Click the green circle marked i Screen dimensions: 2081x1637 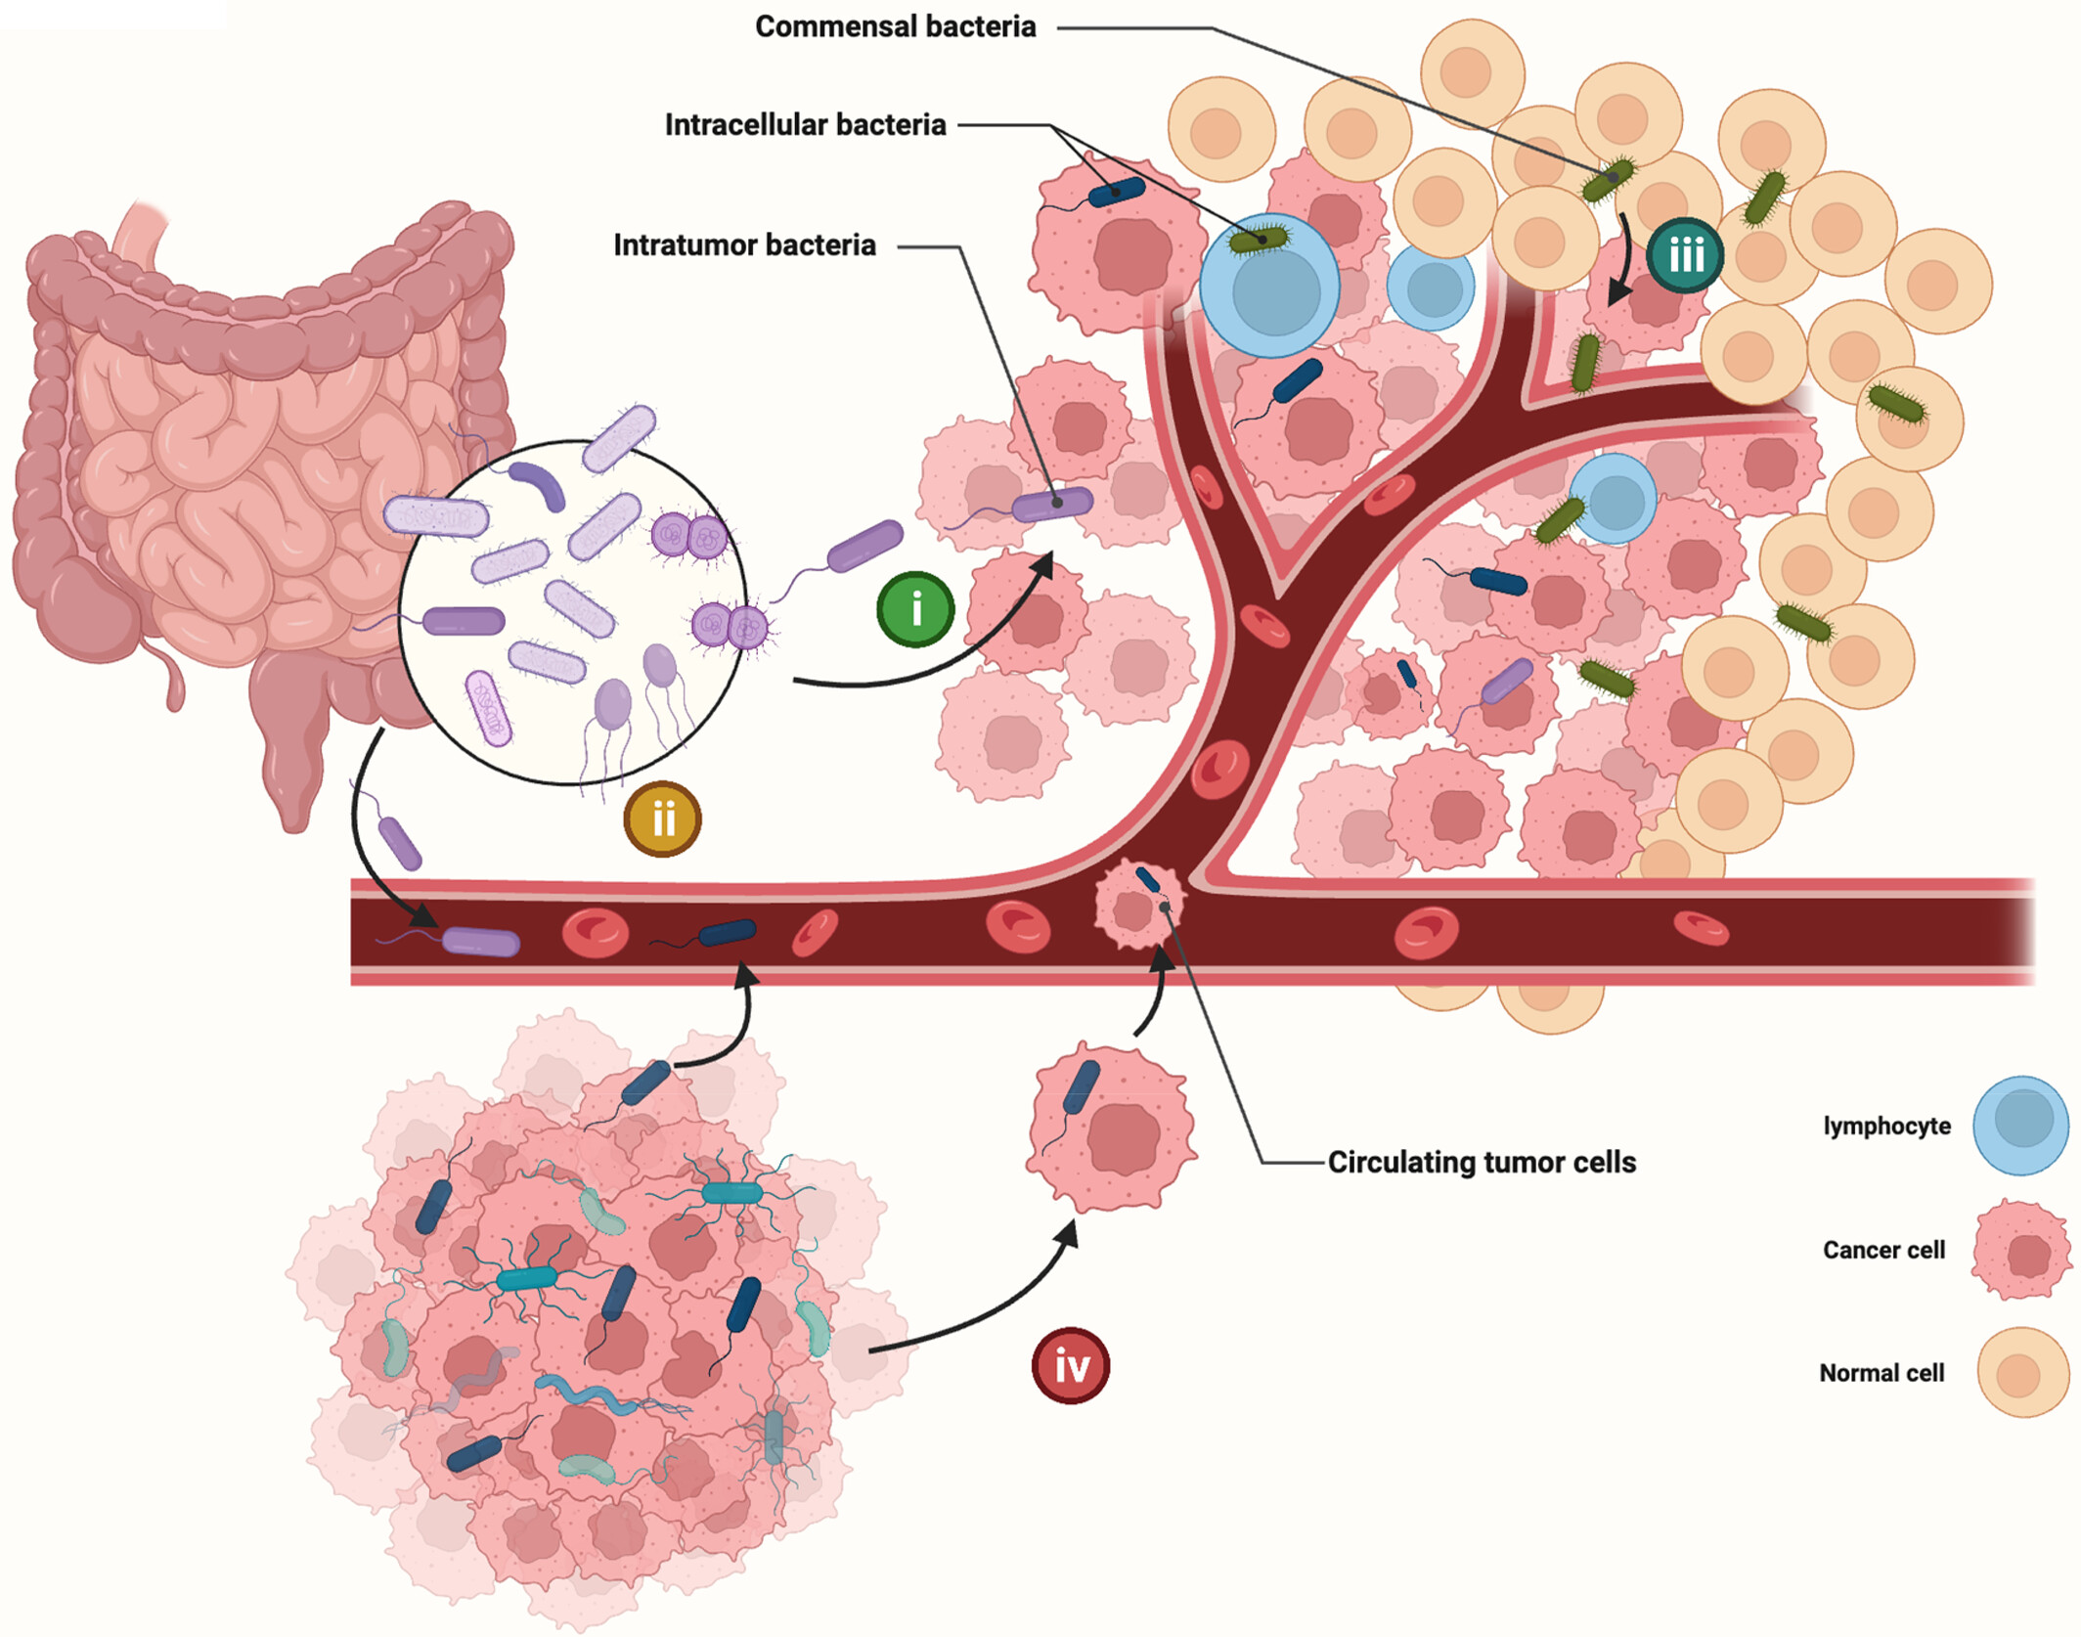915,610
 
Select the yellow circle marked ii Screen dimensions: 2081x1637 662,819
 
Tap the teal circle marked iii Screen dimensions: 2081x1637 1685,256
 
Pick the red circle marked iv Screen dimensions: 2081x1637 1071,1366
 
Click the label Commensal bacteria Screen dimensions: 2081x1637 895,26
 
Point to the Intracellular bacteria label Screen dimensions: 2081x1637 805,125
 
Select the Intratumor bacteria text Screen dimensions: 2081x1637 744,244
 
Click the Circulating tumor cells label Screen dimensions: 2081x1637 1482,1162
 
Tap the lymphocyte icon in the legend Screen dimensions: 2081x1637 2020,1126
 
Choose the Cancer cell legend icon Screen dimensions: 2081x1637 2021,1251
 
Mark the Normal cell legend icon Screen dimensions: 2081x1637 2023,1373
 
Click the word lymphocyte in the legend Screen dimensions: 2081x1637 1886,1127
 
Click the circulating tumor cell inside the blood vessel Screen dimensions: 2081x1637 1138,906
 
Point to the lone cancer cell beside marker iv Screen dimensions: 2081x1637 1112,1127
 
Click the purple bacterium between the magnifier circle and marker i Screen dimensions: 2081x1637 864,546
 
